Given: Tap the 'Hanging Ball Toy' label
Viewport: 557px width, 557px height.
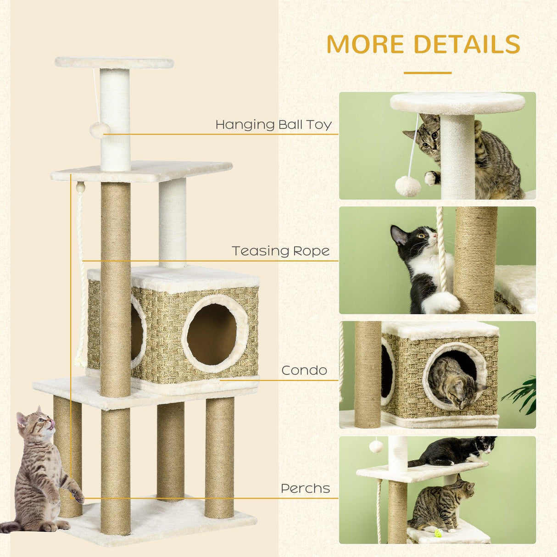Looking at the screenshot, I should [273, 124].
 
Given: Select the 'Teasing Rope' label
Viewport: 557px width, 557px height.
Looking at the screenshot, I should [280, 251].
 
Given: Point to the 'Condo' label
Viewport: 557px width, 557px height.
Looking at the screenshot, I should [304, 370].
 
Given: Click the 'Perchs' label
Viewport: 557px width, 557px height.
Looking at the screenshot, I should [305, 489].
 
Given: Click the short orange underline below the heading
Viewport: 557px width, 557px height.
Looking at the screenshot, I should [427, 72].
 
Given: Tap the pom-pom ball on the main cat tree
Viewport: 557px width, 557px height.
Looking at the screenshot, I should [99, 130].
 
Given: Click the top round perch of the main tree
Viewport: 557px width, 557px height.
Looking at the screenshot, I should [114, 62].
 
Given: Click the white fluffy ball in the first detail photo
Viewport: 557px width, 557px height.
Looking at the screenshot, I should [407, 186].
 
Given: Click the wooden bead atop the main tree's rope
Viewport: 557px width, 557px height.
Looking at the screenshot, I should [81, 187].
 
